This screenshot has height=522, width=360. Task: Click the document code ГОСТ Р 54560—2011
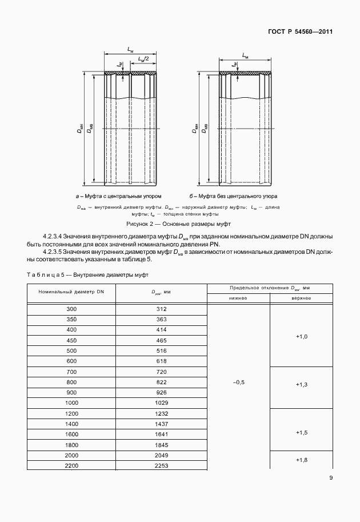(x=300, y=33)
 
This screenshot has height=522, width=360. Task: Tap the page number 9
(x=331, y=495)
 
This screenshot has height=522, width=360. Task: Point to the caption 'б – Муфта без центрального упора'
(x=233, y=196)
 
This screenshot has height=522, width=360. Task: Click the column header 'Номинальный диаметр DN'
(x=71, y=292)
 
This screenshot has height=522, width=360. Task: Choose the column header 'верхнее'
(x=301, y=298)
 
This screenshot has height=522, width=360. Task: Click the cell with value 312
(x=161, y=309)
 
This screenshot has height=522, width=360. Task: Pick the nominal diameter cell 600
(x=71, y=361)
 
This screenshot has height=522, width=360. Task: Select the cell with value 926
(x=161, y=393)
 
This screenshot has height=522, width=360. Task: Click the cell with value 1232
(x=161, y=413)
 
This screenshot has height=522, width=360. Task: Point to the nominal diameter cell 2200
(x=71, y=465)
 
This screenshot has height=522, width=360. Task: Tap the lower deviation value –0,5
(x=238, y=382)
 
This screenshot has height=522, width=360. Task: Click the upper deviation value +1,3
(x=301, y=385)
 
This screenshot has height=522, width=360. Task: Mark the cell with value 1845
(x=161, y=444)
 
